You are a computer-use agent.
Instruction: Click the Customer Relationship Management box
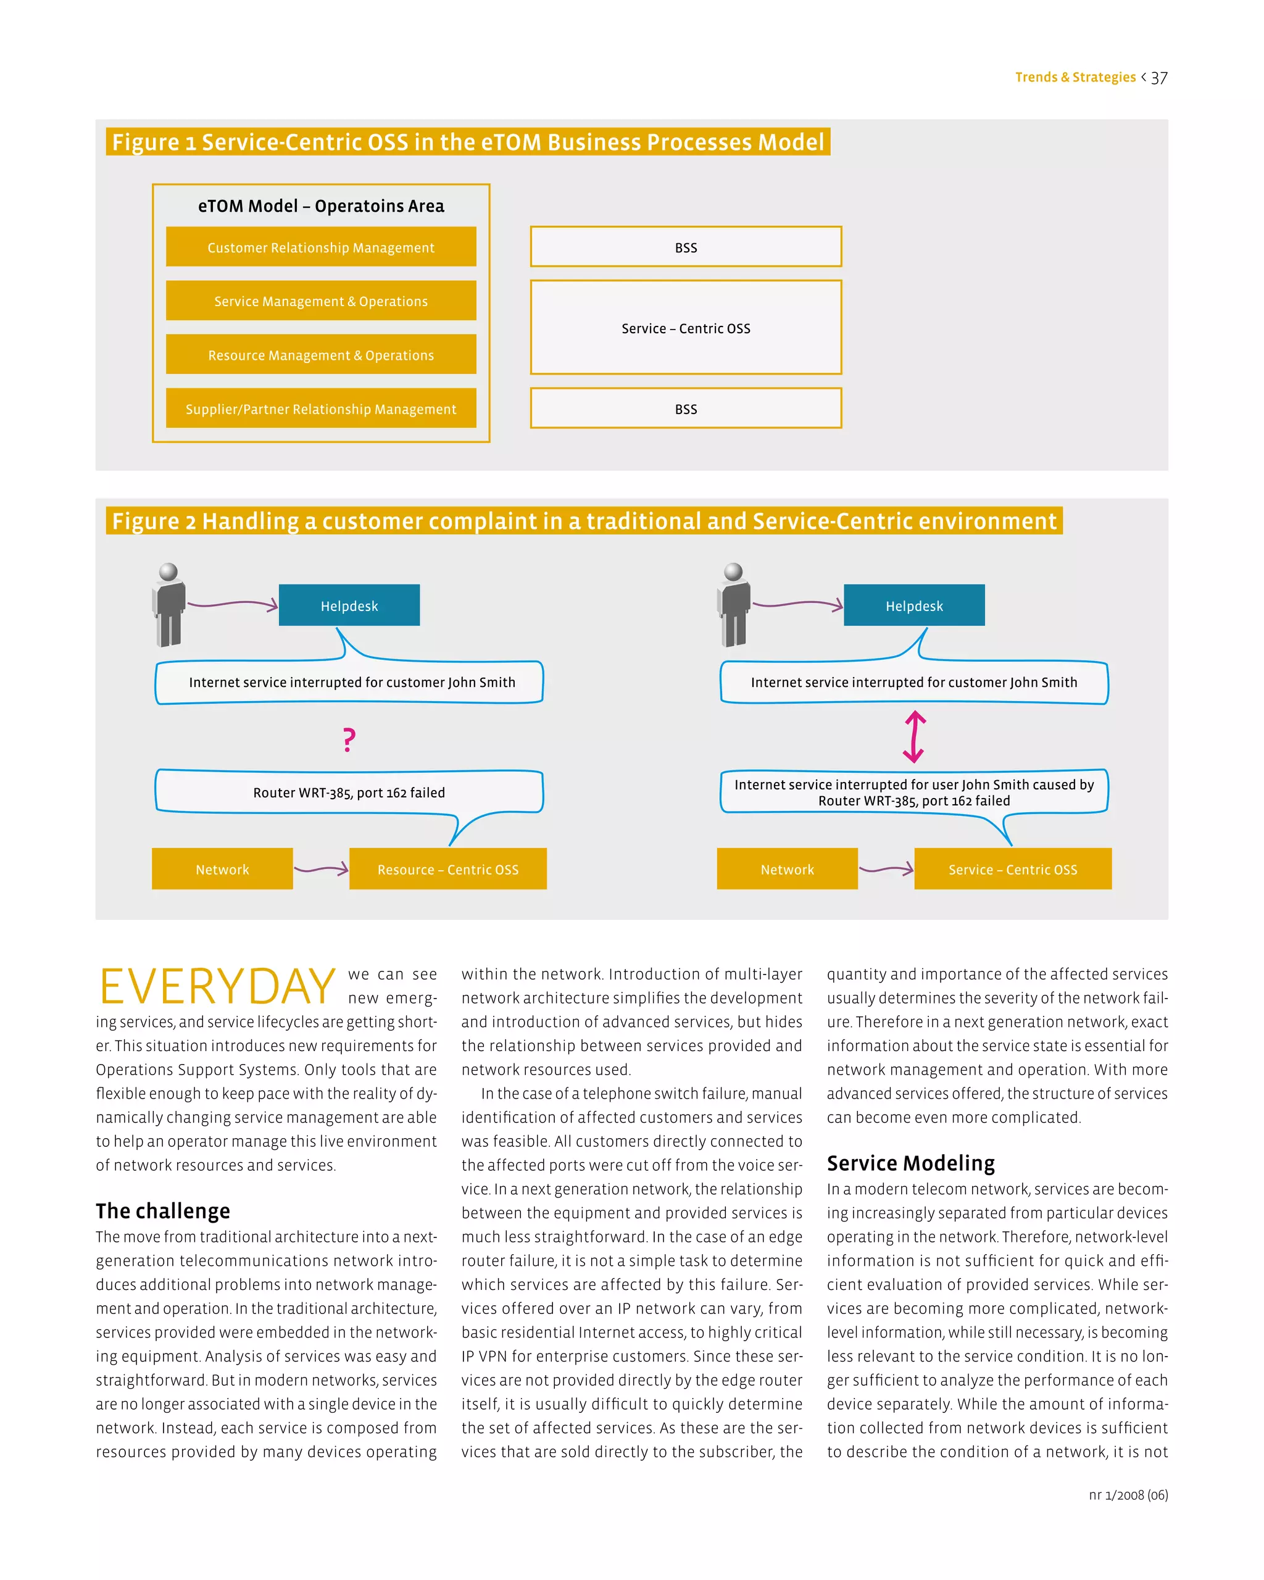tap(321, 247)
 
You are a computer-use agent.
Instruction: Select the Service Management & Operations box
tap(321, 301)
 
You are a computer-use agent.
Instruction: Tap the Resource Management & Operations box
tap(321, 355)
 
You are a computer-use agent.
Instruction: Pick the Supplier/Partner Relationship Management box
tap(321, 408)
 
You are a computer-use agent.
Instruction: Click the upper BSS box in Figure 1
tap(685, 247)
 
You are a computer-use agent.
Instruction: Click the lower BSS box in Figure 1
tap(685, 408)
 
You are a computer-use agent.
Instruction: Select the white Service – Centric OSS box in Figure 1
tap(685, 328)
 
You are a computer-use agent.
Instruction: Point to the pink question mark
tap(349, 739)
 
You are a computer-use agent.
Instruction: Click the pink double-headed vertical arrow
tap(913, 736)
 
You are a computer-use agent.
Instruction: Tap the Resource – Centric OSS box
tap(447, 869)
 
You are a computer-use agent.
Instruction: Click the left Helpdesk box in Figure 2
tap(349, 605)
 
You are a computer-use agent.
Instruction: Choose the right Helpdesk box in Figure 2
tap(913, 605)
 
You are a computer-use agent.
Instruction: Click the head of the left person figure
tap(168, 572)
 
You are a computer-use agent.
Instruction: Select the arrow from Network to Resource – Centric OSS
tap(321, 869)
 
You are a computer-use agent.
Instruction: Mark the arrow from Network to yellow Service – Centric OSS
tap(886, 869)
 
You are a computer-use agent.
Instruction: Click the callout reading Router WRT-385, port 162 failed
tap(349, 792)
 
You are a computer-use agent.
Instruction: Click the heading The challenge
tap(163, 1211)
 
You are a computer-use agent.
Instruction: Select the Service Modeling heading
tap(911, 1163)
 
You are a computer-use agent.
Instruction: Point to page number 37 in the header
tap(1158, 78)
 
